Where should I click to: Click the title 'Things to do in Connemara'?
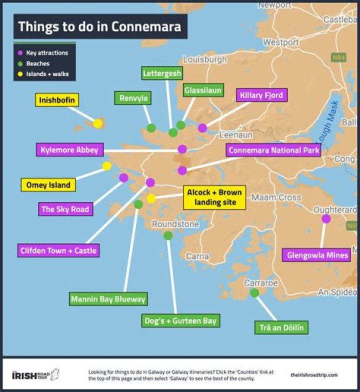(x=99, y=26)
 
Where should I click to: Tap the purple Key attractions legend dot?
(x=20, y=53)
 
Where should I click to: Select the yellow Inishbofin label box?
(x=57, y=100)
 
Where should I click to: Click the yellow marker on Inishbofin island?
(x=98, y=123)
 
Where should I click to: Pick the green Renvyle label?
(x=133, y=98)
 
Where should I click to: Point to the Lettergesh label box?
(x=162, y=73)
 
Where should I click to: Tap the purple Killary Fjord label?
(x=261, y=95)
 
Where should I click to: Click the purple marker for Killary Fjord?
(x=202, y=128)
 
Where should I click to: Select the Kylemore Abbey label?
(x=70, y=149)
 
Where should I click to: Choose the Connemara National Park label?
(x=272, y=150)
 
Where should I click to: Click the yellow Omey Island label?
(x=48, y=184)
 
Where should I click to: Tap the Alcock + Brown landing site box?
(x=214, y=198)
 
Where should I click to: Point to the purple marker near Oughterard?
(x=326, y=218)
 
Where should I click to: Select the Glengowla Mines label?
(x=317, y=255)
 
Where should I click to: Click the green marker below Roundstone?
(x=168, y=235)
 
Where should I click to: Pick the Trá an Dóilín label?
(x=281, y=327)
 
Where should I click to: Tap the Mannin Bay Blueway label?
(x=108, y=299)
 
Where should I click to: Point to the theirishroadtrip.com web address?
(x=314, y=374)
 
